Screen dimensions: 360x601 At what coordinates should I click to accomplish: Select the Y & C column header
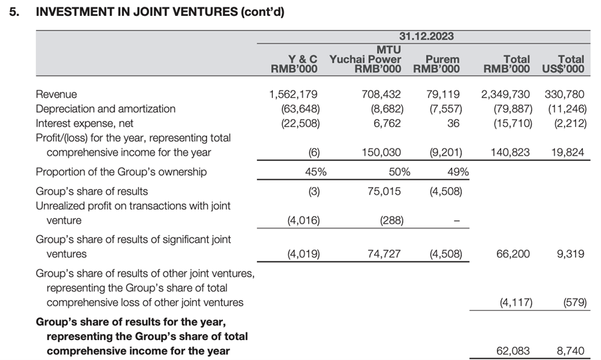tap(299, 64)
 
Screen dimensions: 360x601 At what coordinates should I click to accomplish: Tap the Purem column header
tap(437, 64)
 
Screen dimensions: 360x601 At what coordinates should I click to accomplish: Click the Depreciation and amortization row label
tap(105, 108)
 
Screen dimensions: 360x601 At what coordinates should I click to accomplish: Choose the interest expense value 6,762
tap(386, 123)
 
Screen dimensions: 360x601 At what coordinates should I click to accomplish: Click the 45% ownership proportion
tap(315, 172)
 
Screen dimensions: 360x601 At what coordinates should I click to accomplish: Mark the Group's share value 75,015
tap(385, 192)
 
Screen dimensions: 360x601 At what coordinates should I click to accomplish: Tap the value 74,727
tap(385, 254)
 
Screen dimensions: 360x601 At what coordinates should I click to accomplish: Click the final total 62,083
tap(513, 351)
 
